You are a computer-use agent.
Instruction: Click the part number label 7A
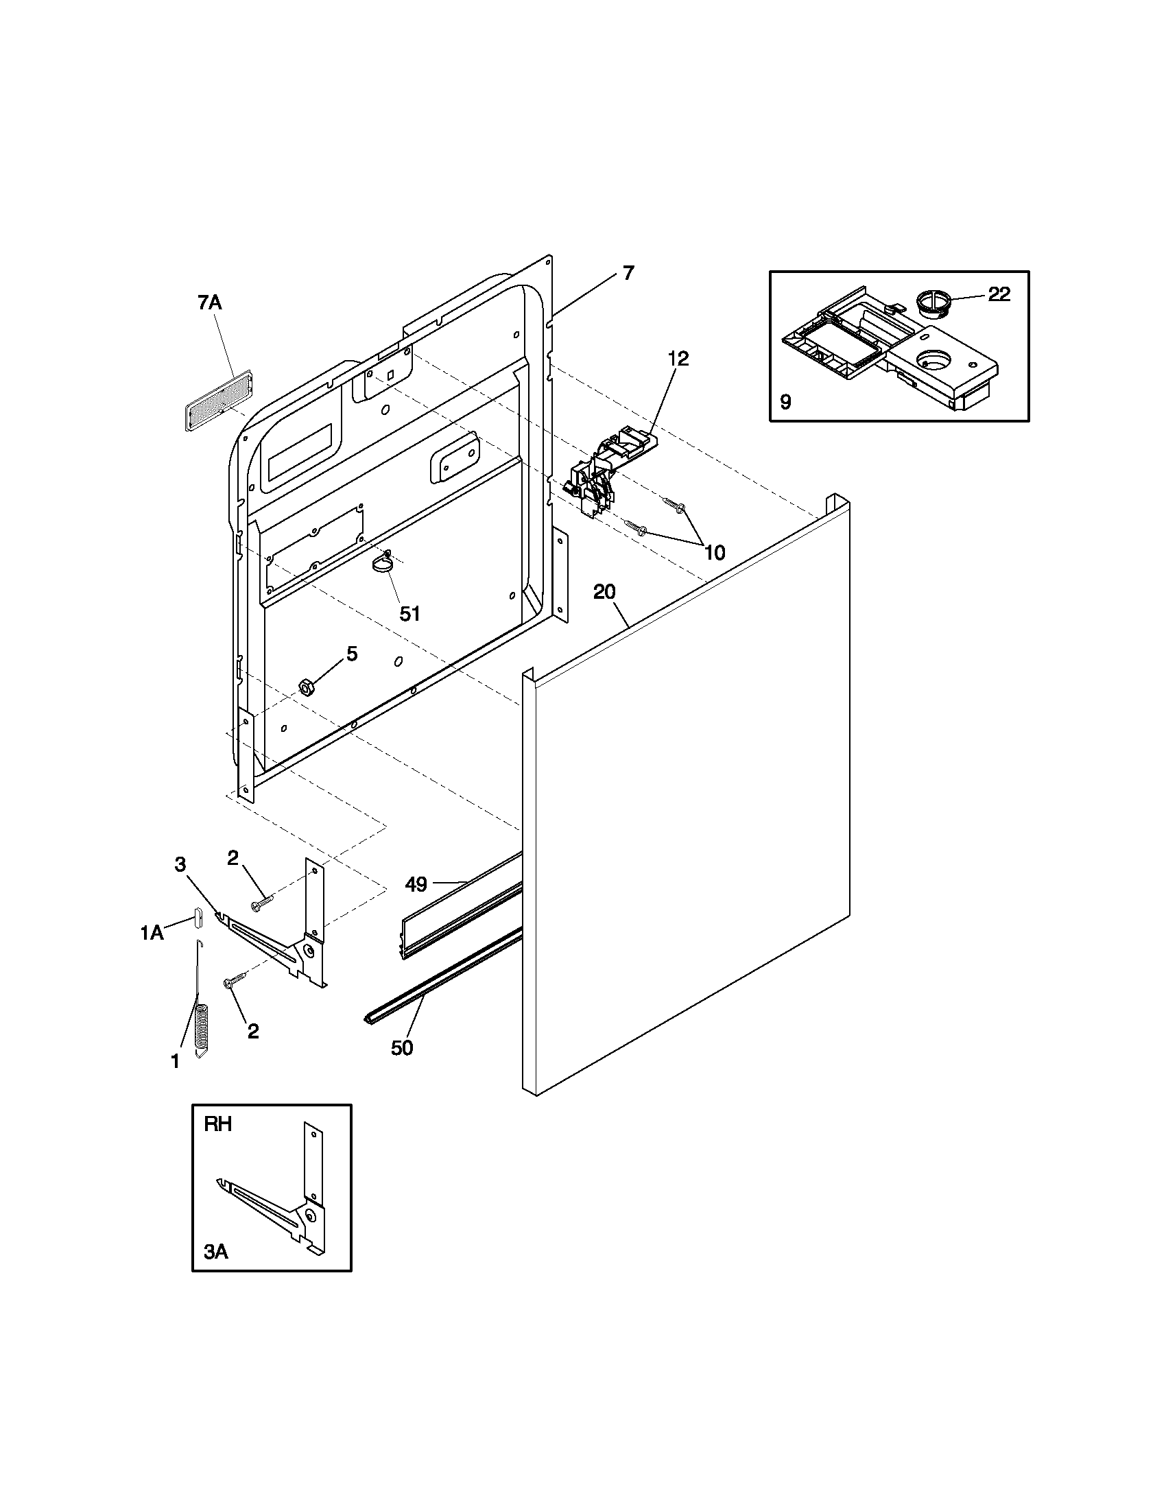pos(209,302)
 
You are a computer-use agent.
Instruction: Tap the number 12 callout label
pos(678,359)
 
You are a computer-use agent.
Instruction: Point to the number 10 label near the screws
pos(715,552)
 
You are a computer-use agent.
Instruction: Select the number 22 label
pos(999,295)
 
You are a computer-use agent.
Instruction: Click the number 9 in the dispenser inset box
pos(785,402)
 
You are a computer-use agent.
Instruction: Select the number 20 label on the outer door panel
pos(604,591)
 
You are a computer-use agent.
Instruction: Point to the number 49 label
pos(416,883)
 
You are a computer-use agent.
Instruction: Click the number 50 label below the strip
pos(402,1048)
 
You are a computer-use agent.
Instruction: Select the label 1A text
pos(152,934)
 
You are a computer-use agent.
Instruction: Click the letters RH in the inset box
pos(217,1125)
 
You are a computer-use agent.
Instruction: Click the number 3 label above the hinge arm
pos(180,864)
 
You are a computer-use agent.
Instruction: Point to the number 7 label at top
pos(627,273)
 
